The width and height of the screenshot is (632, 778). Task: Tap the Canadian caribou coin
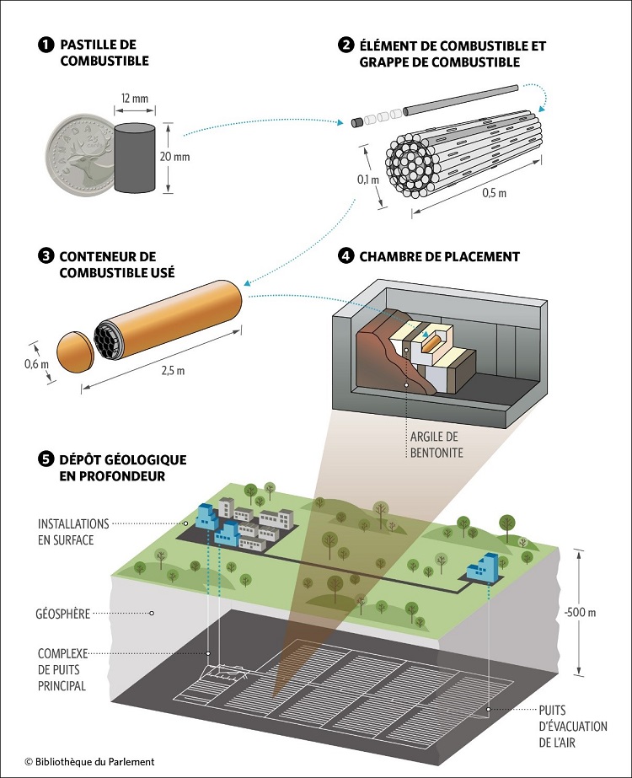coord(80,158)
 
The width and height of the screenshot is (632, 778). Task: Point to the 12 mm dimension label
coord(132,99)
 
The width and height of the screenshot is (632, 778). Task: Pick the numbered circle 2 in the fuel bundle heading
coord(346,45)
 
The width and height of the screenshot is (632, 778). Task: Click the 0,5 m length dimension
coord(495,193)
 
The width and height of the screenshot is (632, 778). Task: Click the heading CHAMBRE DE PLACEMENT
coord(439,256)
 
